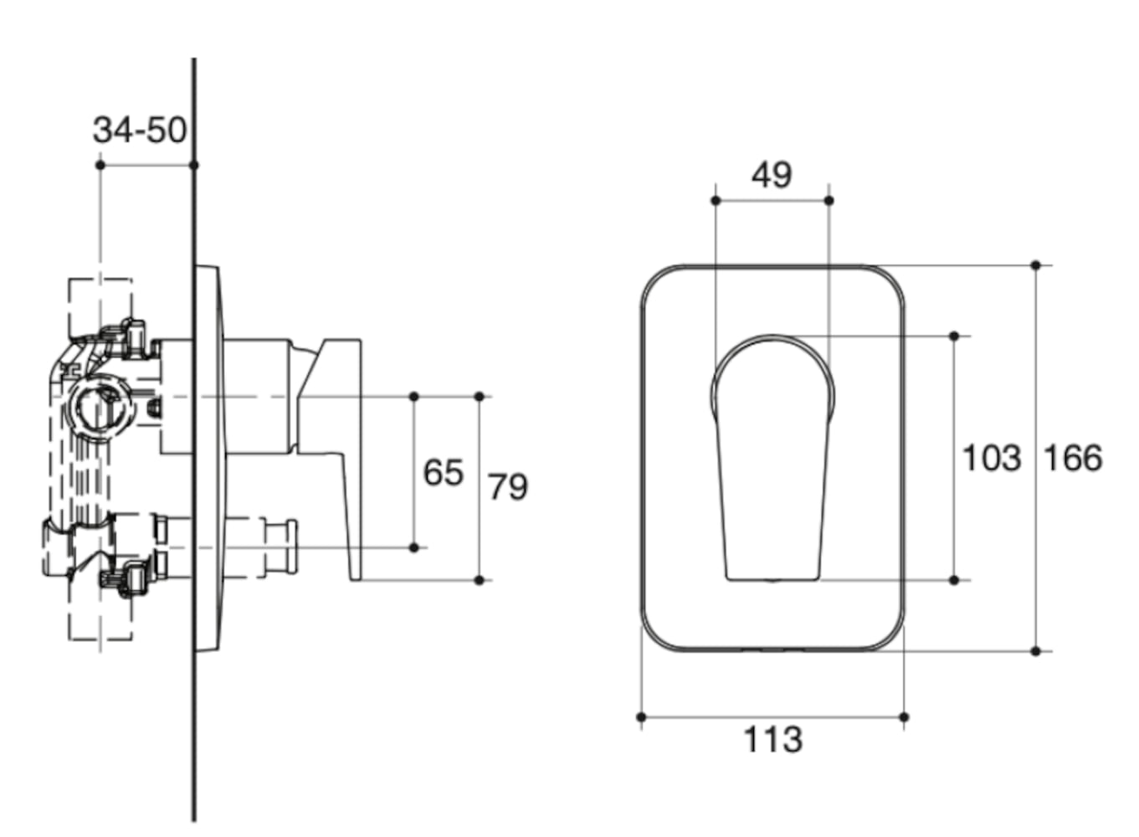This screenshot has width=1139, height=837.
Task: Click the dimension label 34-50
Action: tap(139, 130)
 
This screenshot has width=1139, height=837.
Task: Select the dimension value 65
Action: tap(443, 473)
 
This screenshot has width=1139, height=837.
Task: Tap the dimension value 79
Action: tap(508, 487)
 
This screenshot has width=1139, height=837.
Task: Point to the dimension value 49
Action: tap(771, 175)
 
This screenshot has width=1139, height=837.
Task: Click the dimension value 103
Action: tap(991, 459)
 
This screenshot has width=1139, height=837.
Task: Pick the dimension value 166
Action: tap(1072, 459)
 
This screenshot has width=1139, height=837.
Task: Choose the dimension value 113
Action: tap(772, 740)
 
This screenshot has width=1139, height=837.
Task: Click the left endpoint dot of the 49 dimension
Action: tap(716, 201)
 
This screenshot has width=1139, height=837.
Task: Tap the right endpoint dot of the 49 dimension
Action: tap(829, 201)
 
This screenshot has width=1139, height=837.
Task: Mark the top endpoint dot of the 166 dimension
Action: tap(1036, 265)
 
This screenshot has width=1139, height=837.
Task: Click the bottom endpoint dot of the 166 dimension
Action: tap(1036, 651)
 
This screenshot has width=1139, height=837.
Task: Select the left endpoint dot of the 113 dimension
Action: tap(641, 717)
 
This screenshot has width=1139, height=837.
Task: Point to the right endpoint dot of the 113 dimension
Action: tap(904, 717)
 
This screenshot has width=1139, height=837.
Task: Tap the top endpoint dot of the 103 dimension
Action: tap(954, 336)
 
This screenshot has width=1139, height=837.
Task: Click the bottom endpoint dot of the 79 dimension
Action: tap(480, 580)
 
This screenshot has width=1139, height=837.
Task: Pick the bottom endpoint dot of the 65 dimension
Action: tap(414, 548)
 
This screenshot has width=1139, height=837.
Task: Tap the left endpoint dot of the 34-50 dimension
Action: tap(100, 165)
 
